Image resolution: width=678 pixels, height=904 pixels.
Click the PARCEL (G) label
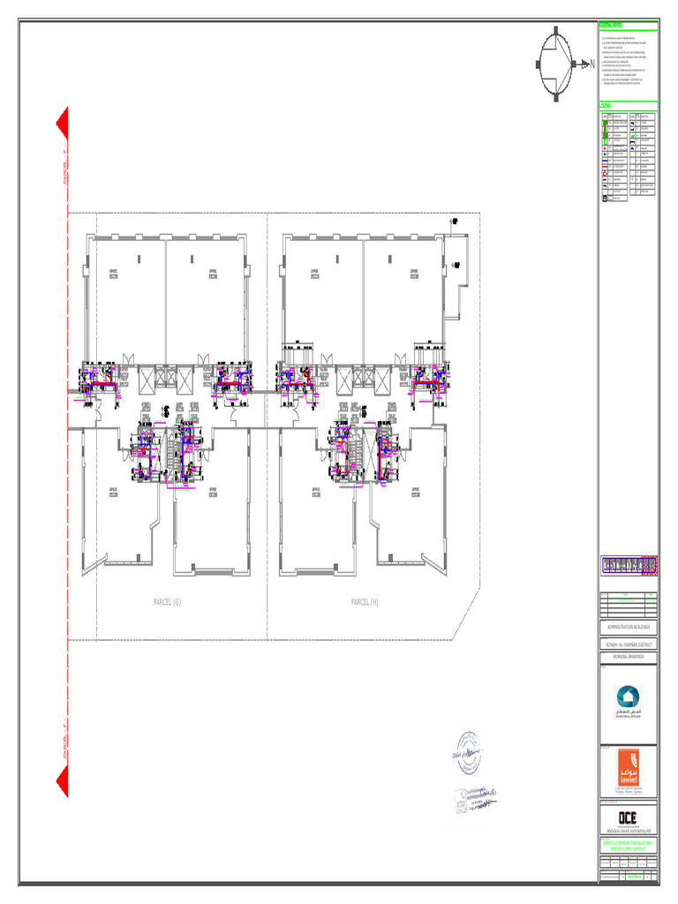click(166, 602)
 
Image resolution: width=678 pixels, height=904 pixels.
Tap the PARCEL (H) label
click(364, 602)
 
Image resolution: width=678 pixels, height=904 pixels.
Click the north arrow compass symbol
click(557, 63)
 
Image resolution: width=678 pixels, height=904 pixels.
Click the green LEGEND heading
click(606, 105)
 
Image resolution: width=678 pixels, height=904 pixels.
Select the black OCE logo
click(628, 817)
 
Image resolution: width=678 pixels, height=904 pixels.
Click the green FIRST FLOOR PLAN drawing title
click(629, 845)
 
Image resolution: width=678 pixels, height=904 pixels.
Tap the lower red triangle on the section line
click(64, 781)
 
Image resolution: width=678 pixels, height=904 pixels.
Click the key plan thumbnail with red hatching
click(629, 566)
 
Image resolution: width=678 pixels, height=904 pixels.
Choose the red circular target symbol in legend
click(605, 174)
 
